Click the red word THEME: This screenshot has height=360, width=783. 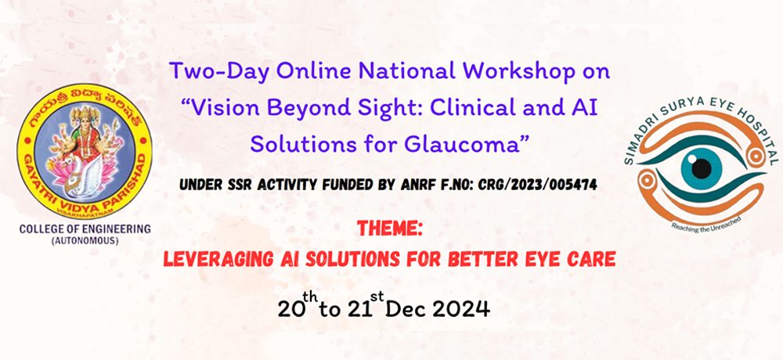click(x=390, y=229)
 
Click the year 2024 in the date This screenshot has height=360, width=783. click(x=461, y=309)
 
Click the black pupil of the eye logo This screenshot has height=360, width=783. click(x=702, y=168)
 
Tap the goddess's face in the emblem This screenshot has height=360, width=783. click(x=85, y=117)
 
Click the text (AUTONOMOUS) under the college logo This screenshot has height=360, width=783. click(x=85, y=241)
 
